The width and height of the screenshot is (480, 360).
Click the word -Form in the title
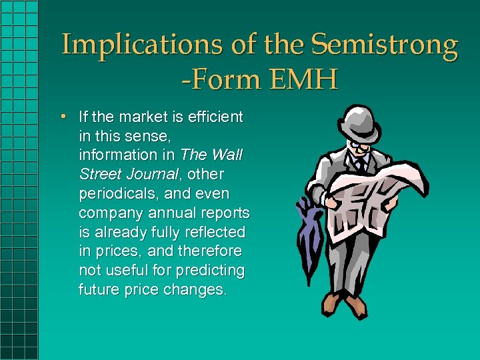point(219,80)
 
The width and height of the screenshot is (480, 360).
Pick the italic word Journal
point(151,175)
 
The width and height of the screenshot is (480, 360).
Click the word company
point(109,213)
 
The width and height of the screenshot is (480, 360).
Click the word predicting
point(212,271)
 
